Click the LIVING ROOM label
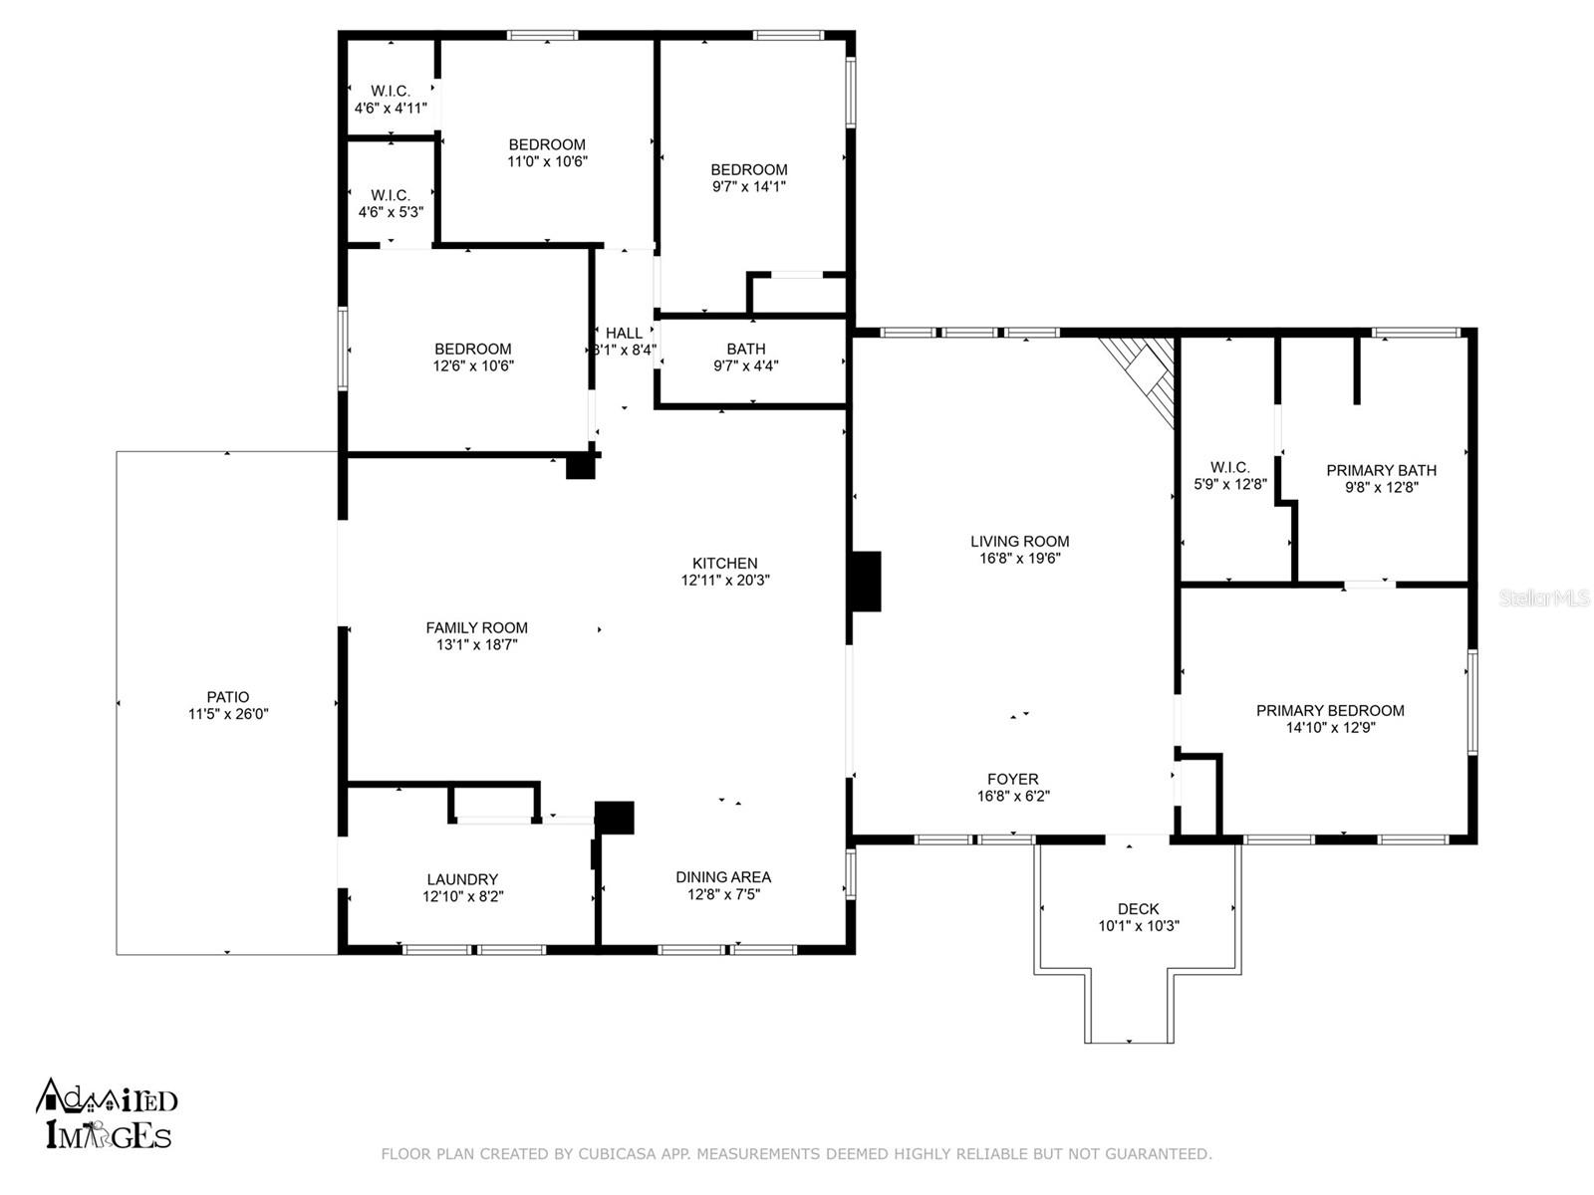[1019, 542]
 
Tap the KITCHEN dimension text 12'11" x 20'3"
[724, 580]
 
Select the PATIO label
[228, 697]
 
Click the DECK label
[1138, 908]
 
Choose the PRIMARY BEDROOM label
[1330, 710]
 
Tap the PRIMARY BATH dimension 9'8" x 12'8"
[1381, 487]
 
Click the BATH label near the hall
[746, 349]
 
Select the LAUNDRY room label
[462, 879]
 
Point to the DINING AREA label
[723, 876]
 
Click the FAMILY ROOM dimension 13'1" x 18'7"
[476, 644]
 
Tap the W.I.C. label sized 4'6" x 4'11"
[391, 91]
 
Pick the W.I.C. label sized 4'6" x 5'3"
[391, 195]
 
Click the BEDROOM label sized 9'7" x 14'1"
[749, 169]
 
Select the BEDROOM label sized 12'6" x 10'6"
[473, 349]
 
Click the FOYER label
[1013, 780]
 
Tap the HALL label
[624, 333]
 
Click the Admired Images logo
[106, 1112]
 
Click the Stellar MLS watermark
[1544, 597]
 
